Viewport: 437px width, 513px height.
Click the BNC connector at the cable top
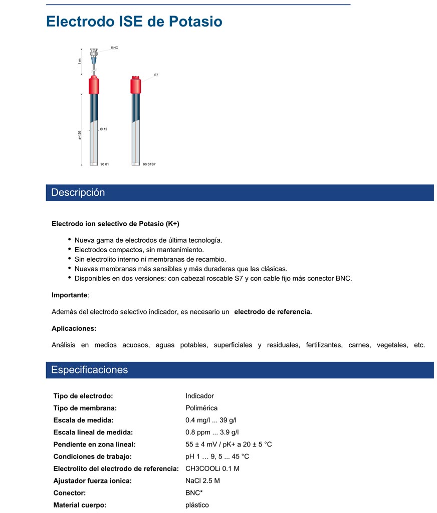click(94, 52)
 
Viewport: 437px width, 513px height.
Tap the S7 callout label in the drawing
click(156, 75)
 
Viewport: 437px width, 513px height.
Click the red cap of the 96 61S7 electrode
click(135, 85)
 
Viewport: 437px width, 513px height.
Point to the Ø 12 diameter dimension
click(104, 129)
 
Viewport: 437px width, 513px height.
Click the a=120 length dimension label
click(80, 135)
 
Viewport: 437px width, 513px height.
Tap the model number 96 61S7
click(149, 164)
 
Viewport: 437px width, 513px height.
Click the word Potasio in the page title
click(195, 22)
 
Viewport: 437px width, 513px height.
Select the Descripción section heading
click(78, 193)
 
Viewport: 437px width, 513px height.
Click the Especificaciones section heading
click(90, 370)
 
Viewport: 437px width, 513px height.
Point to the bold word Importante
click(69, 295)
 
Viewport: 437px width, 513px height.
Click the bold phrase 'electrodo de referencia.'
click(273, 312)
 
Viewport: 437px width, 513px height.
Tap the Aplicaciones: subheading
click(74, 328)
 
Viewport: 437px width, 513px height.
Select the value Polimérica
click(201, 408)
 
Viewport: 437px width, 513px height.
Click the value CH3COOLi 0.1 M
click(212, 468)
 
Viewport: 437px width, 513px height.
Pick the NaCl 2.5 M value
click(202, 480)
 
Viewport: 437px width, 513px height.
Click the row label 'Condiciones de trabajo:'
click(92, 456)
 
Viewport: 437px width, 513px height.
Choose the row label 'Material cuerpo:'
click(80, 505)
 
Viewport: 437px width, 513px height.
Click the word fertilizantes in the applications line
click(324, 345)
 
